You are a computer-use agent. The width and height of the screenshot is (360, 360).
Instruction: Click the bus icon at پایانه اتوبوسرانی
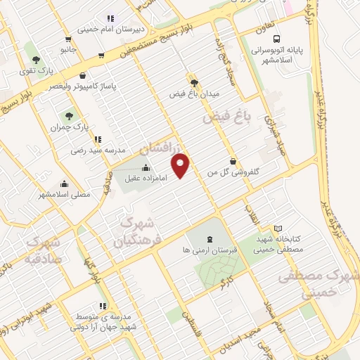276,39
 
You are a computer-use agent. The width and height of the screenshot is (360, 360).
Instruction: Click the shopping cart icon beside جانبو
68,40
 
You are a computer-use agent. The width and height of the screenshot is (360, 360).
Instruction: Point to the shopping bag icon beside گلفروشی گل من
232,161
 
